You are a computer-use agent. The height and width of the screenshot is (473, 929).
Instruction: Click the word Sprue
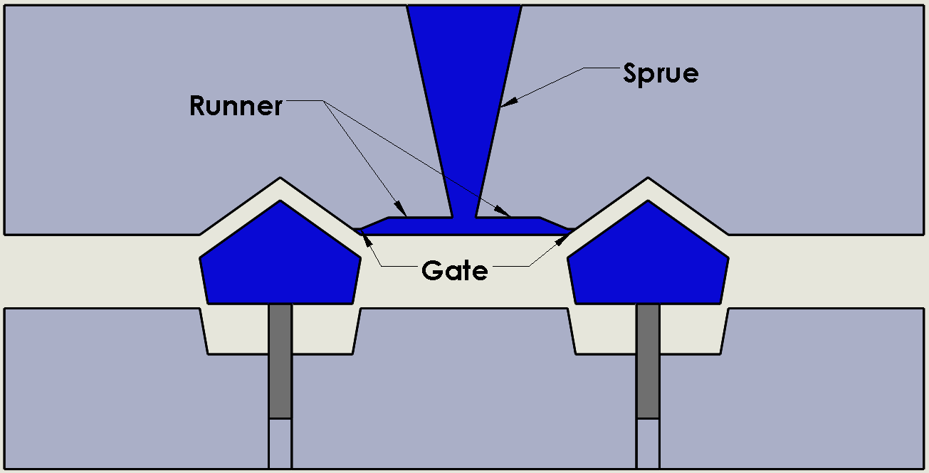[660, 73]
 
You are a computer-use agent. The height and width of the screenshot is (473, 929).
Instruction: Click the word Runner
[236, 106]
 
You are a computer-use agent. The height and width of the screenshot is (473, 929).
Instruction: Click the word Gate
[454, 270]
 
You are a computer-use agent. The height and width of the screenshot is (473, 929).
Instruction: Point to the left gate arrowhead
[365, 234]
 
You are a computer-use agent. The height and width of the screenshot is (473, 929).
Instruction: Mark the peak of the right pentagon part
[648, 202]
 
